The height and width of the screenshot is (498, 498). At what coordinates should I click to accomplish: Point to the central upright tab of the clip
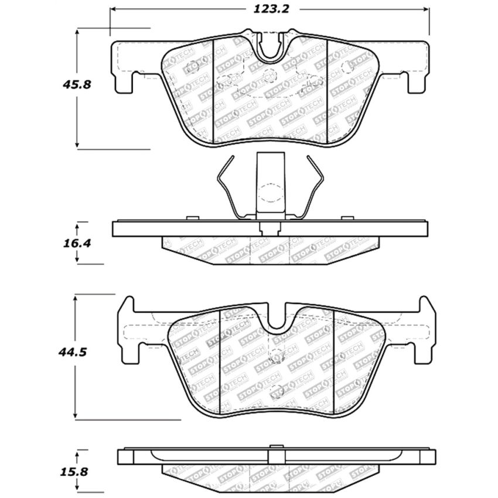[270, 182]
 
